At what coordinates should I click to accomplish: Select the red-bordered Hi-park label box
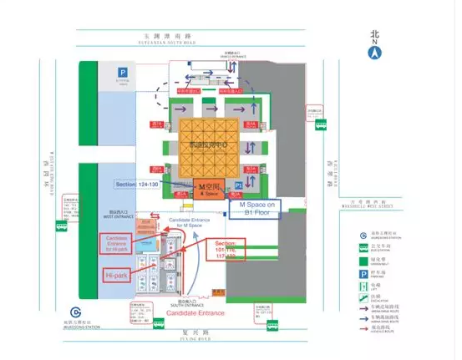[115, 275]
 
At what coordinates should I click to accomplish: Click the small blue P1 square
[238, 183]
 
